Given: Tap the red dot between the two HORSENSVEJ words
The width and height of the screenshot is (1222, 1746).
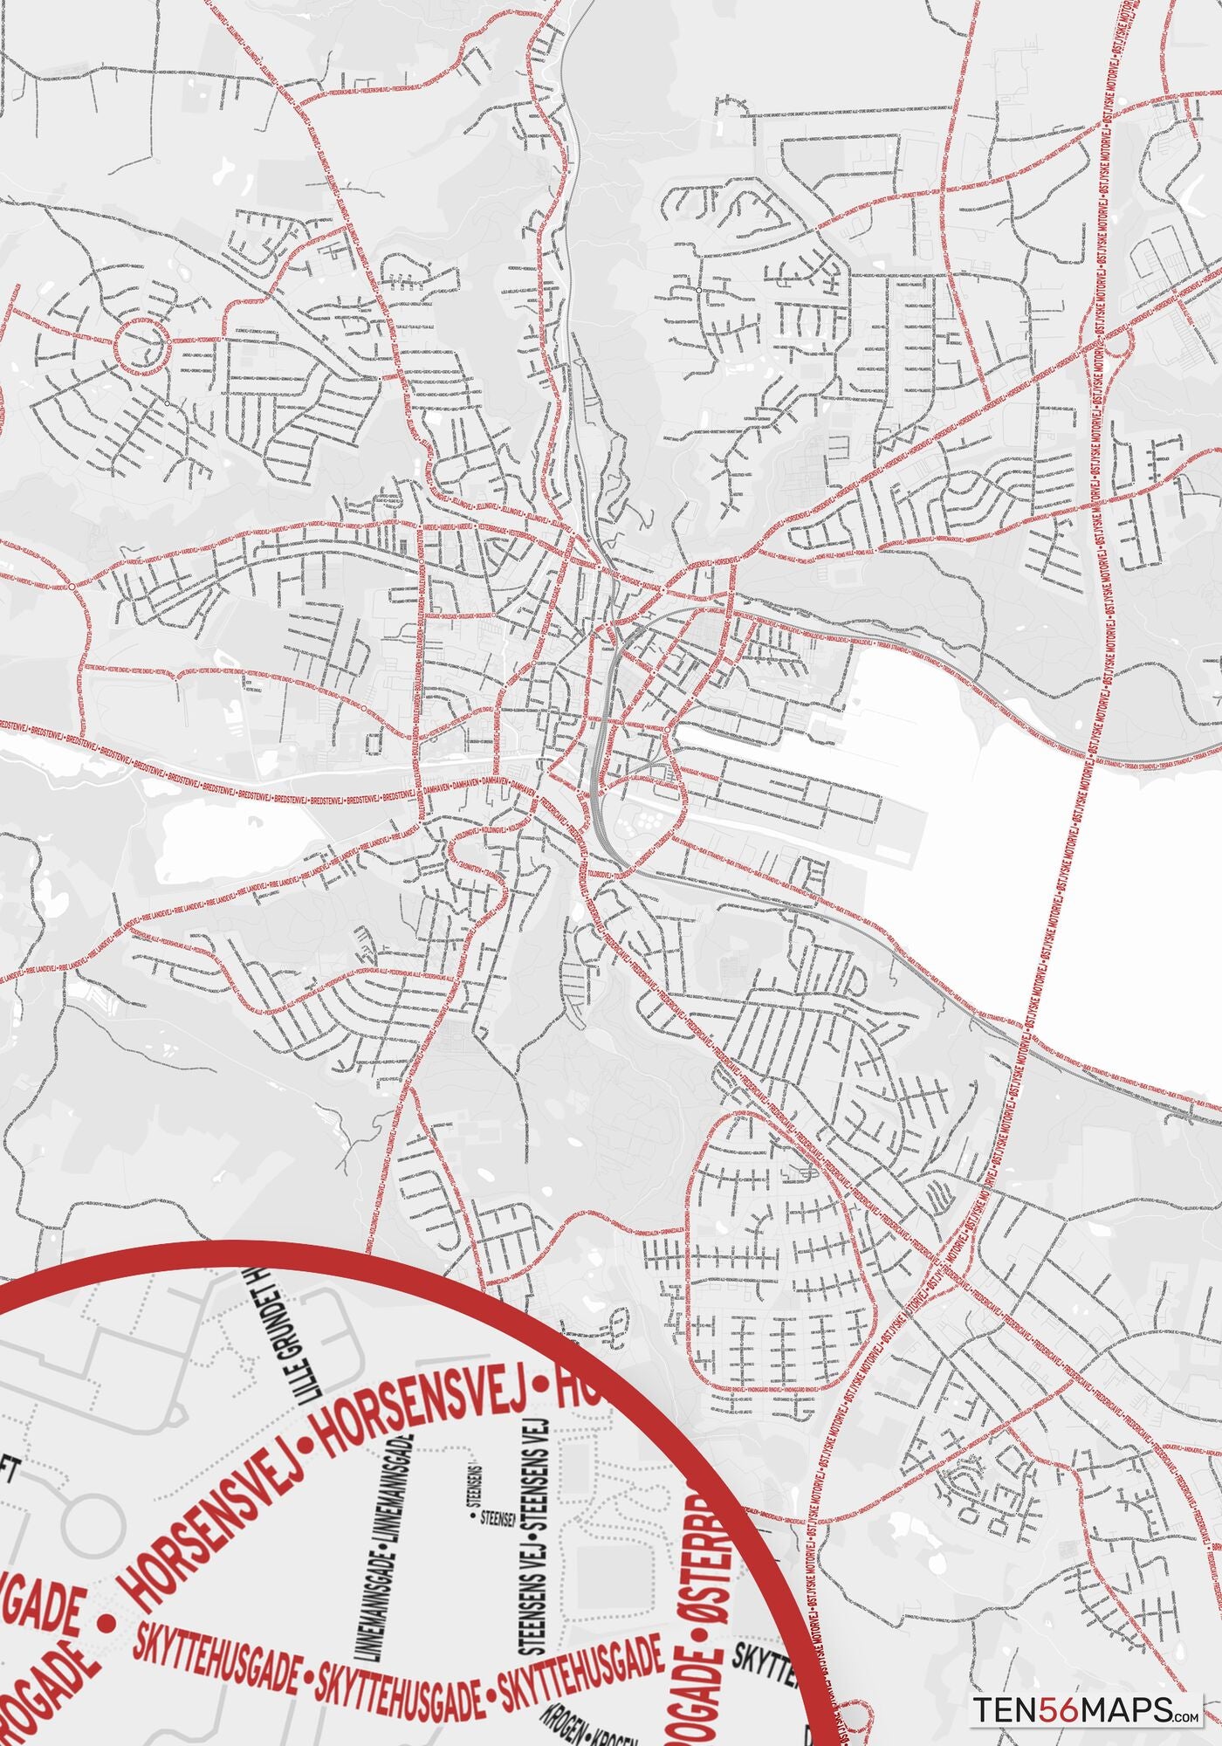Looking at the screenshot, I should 305,1470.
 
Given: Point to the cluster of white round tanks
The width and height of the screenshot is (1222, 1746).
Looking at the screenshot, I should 647,821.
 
